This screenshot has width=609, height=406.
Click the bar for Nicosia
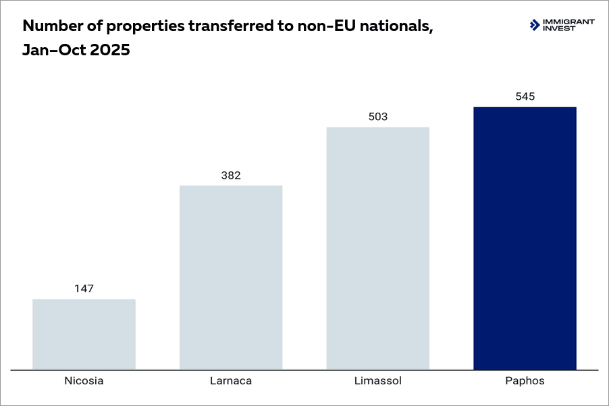[84, 334]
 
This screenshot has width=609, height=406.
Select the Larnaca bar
[231, 277]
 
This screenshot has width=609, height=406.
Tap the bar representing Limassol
[378, 248]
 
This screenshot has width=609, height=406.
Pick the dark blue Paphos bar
[525, 238]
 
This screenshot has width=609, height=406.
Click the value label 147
[84, 289]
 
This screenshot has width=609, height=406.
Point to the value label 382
[231, 175]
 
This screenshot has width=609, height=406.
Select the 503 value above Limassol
[378, 117]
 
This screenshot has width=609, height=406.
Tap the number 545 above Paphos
[525, 96]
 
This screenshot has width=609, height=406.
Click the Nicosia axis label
[84, 381]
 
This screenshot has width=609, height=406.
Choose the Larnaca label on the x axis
[231, 381]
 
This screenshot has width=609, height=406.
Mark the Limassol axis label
[378, 381]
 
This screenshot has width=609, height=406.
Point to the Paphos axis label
[525, 381]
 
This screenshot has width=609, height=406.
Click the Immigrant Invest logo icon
[535, 25]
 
